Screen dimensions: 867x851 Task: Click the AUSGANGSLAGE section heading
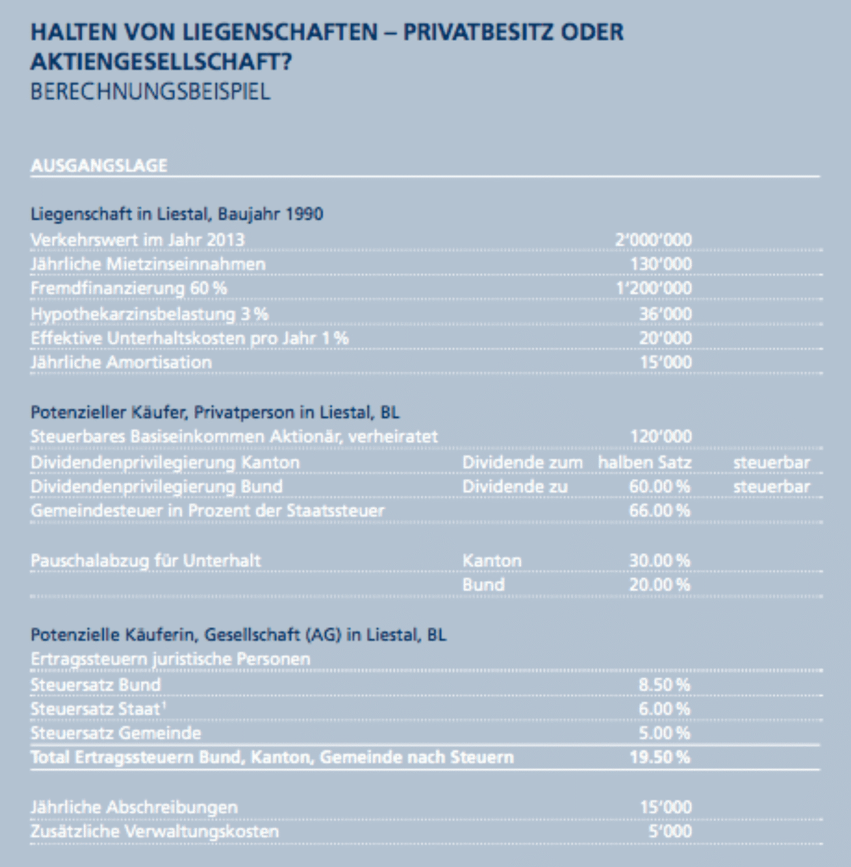(98, 166)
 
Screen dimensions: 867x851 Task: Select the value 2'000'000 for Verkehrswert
(653, 240)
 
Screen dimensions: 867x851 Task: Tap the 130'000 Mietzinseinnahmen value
(661, 264)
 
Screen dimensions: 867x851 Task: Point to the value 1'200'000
(653, 288)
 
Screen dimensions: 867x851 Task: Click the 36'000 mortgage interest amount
(665, 314)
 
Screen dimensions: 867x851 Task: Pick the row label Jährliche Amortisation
(121, 362)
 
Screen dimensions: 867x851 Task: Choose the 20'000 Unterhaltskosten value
(665, 338)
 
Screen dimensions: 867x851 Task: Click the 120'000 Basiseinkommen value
(661, 436)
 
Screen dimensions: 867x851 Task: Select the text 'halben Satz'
(644, 463)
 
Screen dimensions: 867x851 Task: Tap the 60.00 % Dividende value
(659, 486)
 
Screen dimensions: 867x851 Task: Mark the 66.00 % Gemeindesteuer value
(659, 510)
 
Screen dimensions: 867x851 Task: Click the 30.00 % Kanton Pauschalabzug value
(659, 561)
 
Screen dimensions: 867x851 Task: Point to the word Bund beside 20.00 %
(483, 584)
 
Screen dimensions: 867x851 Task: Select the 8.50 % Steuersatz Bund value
(664, 685)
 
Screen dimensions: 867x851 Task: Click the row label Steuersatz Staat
(96, 709)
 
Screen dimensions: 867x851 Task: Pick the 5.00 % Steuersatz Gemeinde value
(664, 733)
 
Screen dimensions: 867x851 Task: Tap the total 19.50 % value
(659, 757)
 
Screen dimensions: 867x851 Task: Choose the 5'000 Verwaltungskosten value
(670, 831)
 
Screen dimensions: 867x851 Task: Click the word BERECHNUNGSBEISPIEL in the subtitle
(150, 92)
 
